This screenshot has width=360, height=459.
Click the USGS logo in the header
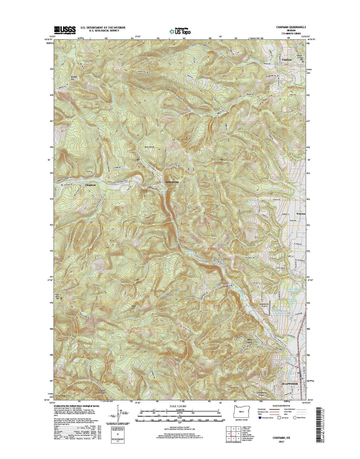pos(65,29)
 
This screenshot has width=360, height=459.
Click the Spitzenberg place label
pos(172,182)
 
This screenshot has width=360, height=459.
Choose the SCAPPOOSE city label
pos(289,384)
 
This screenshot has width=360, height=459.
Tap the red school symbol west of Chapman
pos(62,185)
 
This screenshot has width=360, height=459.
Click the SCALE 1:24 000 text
pos(180,406)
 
